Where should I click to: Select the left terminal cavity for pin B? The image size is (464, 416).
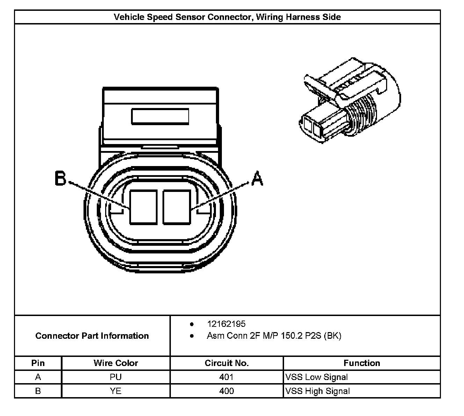point(143,207)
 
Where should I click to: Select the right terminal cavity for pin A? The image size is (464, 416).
point(177,207)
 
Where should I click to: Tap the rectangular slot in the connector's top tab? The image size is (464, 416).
point(160,116)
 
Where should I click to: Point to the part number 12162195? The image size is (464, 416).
point(226,324)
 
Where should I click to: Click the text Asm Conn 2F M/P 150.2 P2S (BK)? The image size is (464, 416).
point(274,336)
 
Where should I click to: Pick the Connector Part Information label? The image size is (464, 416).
point(92,336)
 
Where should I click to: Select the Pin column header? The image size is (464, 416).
point(38,363)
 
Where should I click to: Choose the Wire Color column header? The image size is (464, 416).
point(116,363)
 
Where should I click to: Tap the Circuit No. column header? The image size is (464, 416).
point(226,363)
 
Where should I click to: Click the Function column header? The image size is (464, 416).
point(362,363)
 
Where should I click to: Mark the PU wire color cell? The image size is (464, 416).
point(116,377)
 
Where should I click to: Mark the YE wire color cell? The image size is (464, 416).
point(116,391)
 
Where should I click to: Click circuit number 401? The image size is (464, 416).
point(226,377)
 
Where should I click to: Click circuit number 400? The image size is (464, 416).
point(226,391)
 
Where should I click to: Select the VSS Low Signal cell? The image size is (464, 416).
point(317,377)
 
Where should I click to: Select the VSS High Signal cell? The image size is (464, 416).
point(318,391)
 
